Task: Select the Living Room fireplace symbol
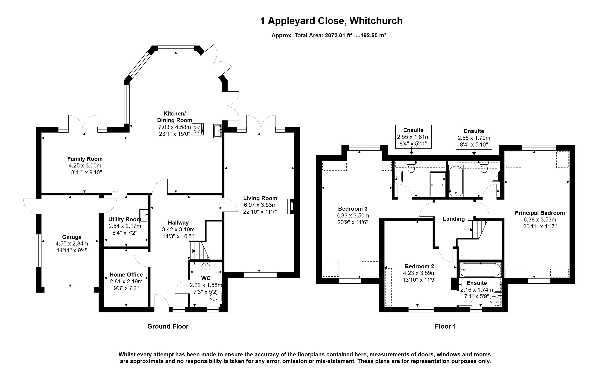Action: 290,206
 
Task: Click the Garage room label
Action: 72,237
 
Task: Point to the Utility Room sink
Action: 144,216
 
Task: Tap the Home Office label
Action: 126,275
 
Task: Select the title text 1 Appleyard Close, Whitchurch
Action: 331,21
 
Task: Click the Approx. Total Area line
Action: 329,35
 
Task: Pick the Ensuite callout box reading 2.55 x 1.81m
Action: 413,137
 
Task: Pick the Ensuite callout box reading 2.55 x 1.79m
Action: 474,138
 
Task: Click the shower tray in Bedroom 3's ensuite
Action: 437,185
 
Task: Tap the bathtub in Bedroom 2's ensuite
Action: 480,270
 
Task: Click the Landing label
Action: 454,219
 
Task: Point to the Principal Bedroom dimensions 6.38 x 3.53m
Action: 540,220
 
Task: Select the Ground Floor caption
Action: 168,326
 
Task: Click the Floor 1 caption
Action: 445,326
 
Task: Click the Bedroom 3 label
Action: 353,209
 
